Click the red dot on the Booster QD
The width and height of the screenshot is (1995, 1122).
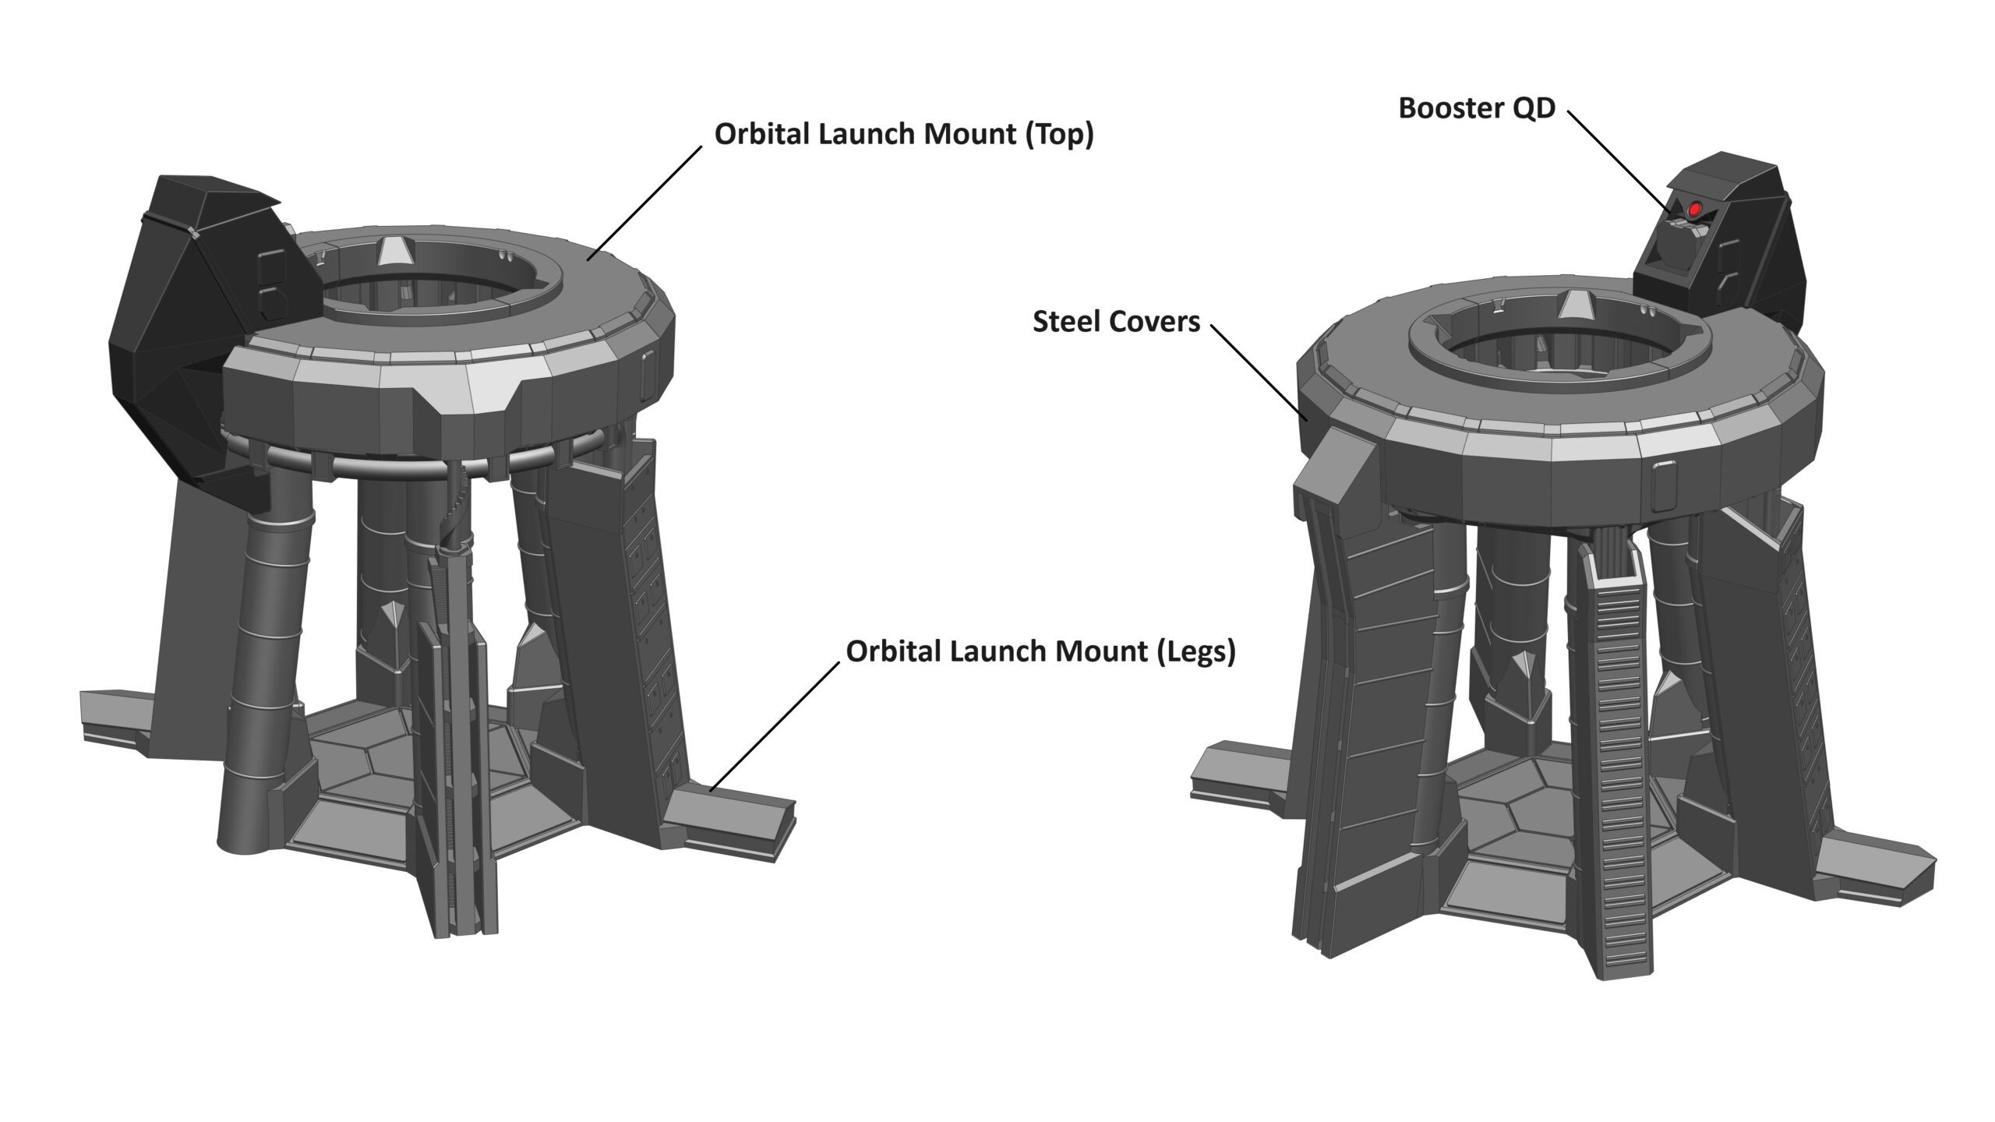[x=1694, y=210]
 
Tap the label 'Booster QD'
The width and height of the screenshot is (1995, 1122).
[x=1477, y=108]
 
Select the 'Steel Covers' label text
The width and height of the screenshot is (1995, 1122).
[x=1116, y=322]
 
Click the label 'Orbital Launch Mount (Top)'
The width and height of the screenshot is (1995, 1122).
[x=904, y=135]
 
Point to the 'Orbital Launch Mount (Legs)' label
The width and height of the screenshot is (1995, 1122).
[x=1041, y=652]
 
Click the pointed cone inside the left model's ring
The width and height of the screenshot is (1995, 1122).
[x=395, y=253]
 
